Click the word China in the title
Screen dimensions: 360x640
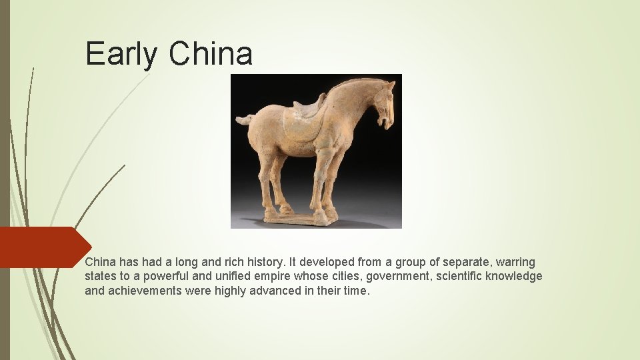pos(211,54)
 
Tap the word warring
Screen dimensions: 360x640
pos(515,263)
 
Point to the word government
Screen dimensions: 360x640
pos(398,276)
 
